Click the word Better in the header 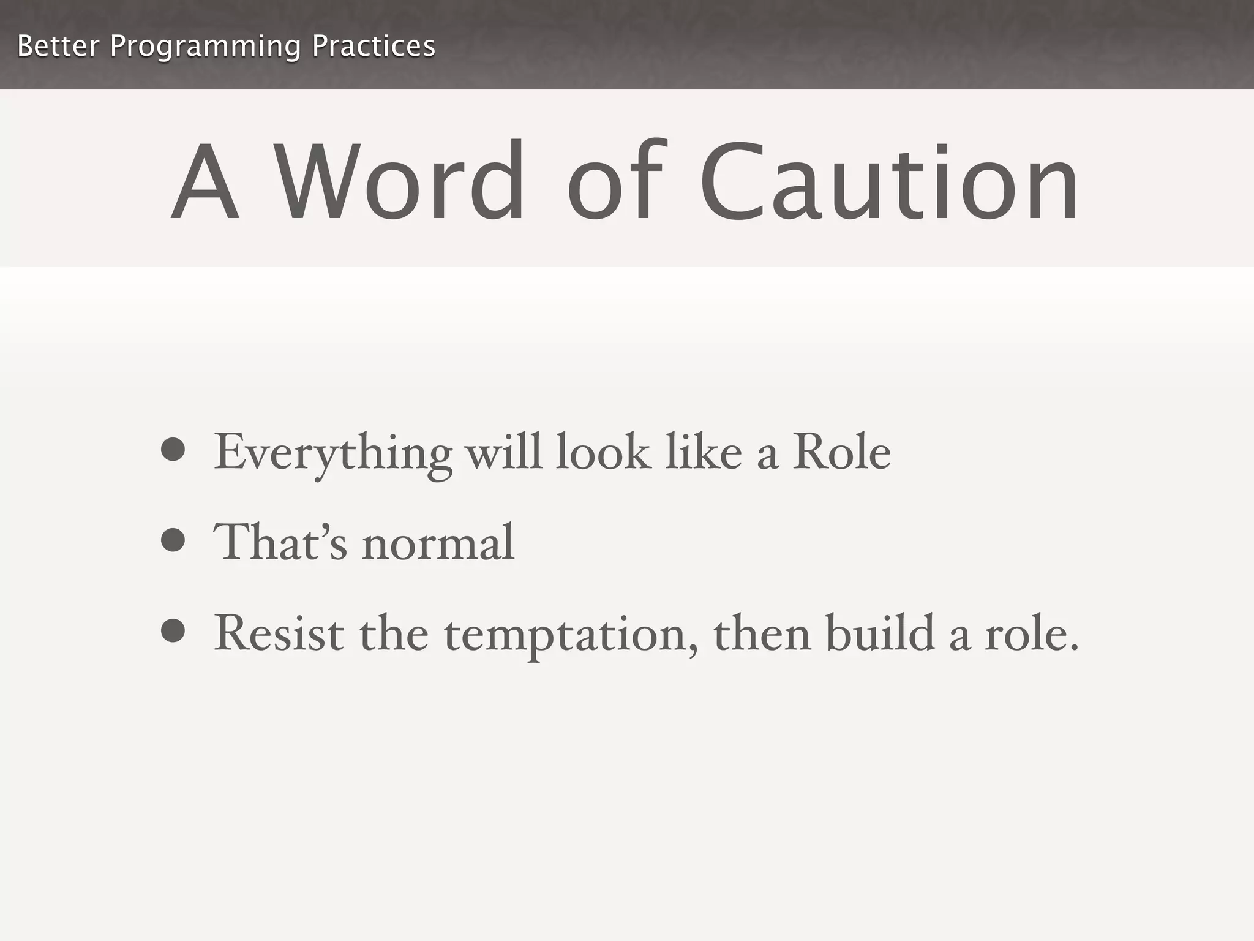click(58, 46)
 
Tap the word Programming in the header click(205, 47)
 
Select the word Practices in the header click(374, 46)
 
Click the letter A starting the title click(205, 182)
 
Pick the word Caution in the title click(888, 182)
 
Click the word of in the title click(615, 182)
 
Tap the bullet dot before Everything click(173, 450)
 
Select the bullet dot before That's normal click(173, 540)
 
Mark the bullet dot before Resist click(173, 632)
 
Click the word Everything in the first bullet click(332, 453)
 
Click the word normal click(438, 543)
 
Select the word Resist click(279, 633)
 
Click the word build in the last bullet click(880, 633)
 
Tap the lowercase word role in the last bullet click(1031, 634)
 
